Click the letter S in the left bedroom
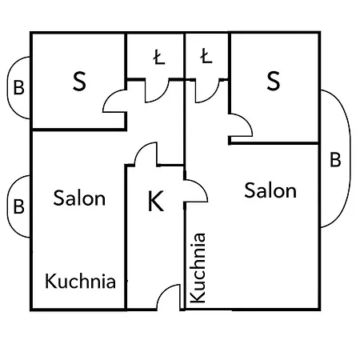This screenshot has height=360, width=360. (79, 81)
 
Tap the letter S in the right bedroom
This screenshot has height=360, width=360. (274, 81)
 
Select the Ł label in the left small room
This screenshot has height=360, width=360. (159, 58)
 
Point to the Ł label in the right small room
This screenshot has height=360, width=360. (206, 56)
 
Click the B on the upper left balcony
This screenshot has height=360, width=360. (19, 87)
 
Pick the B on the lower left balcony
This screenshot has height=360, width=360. (19, 206)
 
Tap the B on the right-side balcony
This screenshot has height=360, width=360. (335, 159)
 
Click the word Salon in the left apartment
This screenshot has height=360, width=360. (79, 198)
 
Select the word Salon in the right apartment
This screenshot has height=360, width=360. (270, 190)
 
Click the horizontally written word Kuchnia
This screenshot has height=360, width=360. (80, 281)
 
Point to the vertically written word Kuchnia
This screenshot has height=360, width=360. (198, 268)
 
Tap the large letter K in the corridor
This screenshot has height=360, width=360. (155, 201)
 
